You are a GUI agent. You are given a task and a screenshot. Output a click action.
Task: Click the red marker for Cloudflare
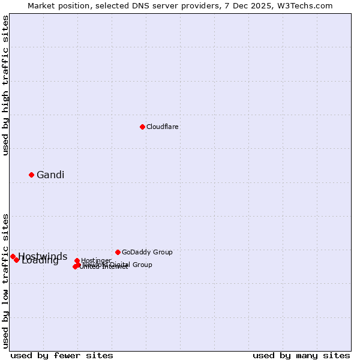tap(142, 127)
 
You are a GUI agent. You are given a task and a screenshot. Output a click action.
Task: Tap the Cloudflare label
tap(163, 127)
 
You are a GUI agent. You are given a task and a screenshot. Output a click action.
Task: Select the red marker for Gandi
tap(31, 175)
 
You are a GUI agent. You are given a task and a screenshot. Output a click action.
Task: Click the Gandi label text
tap(50, 175)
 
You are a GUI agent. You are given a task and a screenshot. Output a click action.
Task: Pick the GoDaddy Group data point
tap(118, 252)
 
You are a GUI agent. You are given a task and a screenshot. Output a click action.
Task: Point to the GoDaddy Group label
tap(147, 252)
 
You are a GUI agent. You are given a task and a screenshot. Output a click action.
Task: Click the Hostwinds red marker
tap(13, 256)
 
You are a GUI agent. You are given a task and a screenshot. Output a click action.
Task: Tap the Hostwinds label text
tap(43, 256)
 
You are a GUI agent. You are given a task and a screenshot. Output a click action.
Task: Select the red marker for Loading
tap(16, 260)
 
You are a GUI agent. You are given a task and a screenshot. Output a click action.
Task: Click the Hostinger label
tap(96, 260)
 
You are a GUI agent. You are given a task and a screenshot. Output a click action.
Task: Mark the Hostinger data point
tap(77, 261)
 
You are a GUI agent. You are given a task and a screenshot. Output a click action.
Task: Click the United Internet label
tap(104, 267)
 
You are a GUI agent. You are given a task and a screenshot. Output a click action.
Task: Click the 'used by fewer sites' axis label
tap(62, 355)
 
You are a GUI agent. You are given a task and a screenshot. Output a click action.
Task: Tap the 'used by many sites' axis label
tap(301, 355)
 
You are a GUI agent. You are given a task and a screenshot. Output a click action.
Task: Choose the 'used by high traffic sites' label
tap(5, 85)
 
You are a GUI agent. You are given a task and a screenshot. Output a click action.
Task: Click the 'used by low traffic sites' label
tap(5, 280)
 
